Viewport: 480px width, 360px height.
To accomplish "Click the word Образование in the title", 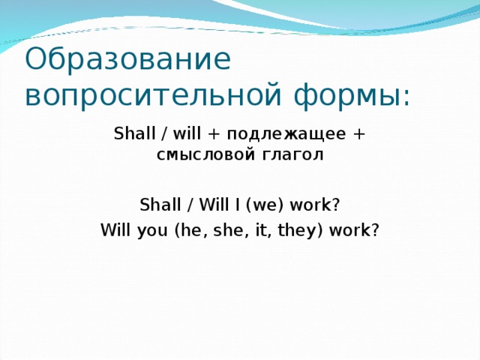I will pos(127,60).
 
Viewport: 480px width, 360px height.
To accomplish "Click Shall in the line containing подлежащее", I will pos(130,134).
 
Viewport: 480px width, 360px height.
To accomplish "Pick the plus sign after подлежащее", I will pos(359,135).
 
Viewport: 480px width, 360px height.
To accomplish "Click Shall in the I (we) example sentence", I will pos(156,205).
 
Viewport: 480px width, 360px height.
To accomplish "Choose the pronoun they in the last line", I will pos(280,231).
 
